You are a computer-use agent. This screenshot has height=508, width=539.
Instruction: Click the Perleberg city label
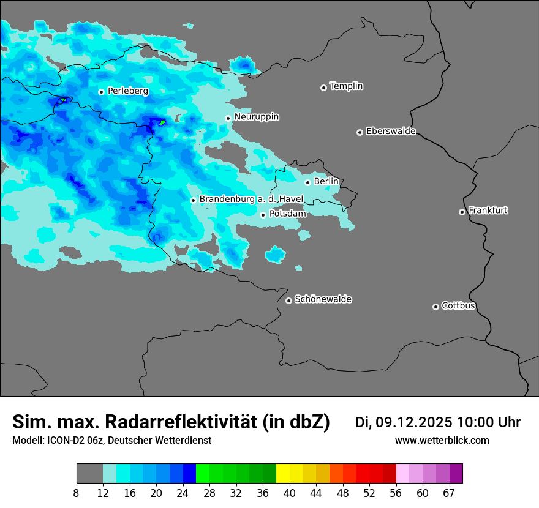[x=127, y=91]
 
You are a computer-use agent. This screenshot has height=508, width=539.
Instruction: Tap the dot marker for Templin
[x=323, y=88]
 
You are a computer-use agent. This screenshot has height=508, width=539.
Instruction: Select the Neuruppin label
[x=256, y=117]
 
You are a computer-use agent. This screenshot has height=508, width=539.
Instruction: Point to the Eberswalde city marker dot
[x=360, y=132]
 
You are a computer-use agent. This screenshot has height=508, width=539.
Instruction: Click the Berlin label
[x=326, y=182]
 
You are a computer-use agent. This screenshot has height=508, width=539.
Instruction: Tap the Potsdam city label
[x=287, y=214]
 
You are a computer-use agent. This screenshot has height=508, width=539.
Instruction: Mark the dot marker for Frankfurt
[x=462, y=212]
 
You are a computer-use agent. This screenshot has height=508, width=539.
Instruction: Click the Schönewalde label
[x=323, y=299]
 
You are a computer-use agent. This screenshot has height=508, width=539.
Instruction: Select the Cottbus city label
[x=458, y=306]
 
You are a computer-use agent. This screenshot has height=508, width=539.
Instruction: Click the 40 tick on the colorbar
[x=290, y=493]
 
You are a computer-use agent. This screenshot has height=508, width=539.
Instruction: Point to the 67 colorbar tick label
[x=448, y=493]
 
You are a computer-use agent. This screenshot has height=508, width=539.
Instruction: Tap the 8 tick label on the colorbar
[x=77, y=493]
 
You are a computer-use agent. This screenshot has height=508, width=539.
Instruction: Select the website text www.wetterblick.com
[x=442, y=441]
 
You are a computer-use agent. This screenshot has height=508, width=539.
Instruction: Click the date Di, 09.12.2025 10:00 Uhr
[x=437, y=422]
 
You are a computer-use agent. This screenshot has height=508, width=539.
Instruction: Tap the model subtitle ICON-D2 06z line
[x=111, y=441]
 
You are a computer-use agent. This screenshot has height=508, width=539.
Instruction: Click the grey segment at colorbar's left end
[x=89, y=474]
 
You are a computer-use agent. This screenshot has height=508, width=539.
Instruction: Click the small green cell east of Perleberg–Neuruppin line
[x=162, y=122]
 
